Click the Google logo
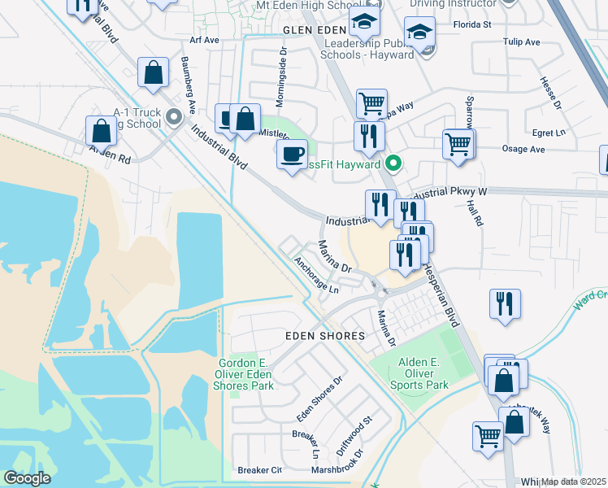pyautogui.click(x=27, y=478)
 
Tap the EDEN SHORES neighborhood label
pyautogui.click(x=317, y=336)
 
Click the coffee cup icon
pyautogui.click(x=292, y=153)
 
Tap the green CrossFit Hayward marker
pyautogui.click(x=393, y=164)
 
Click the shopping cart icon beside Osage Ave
pyautogui.click(x=458, y=144)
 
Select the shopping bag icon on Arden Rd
pyautogui.click(x=101, y=130)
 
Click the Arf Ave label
pyautogui.click(x=204, y=39)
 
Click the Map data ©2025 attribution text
pyautogui.click(x=574, y=481)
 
